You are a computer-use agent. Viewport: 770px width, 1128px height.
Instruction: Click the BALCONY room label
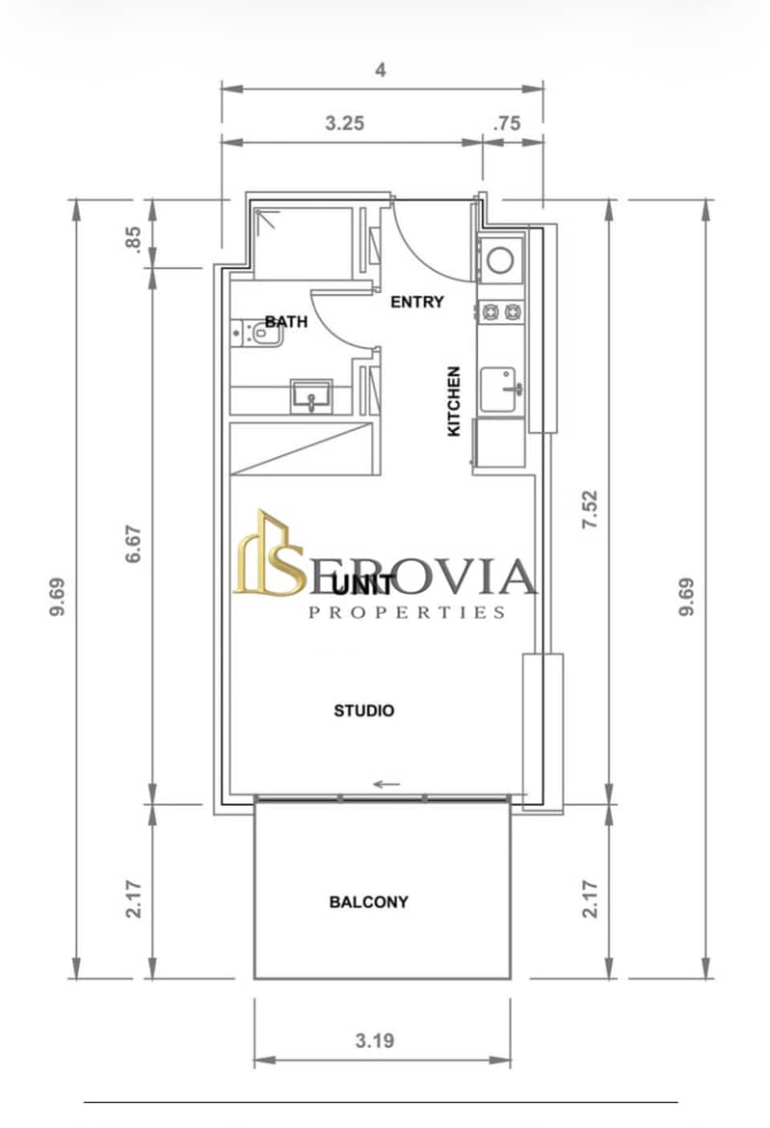368,901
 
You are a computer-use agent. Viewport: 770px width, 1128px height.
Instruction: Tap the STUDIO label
363,711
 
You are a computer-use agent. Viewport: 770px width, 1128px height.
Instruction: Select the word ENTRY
417,302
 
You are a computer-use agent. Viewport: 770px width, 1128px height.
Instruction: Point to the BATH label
286,322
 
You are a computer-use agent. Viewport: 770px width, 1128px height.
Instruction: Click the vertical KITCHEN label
454,401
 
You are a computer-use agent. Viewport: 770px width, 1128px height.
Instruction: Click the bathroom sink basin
311,396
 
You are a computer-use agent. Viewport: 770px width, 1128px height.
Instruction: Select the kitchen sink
502,389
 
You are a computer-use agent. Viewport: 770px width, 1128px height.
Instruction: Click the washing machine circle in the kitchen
499,259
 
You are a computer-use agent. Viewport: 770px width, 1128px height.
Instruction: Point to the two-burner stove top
501,312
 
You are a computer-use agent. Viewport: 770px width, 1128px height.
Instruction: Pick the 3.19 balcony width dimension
375,1040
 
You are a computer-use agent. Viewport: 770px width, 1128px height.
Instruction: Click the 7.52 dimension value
590,509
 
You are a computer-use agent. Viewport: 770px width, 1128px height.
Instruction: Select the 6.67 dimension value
134,545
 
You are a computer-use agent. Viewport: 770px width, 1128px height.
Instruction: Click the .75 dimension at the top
506,123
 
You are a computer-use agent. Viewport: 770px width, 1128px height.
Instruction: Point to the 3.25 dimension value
344,123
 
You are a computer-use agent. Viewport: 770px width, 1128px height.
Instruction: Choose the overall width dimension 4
381,69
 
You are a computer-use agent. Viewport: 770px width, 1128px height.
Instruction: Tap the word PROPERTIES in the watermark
407,612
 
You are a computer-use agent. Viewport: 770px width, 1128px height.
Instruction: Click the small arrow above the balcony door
386,784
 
